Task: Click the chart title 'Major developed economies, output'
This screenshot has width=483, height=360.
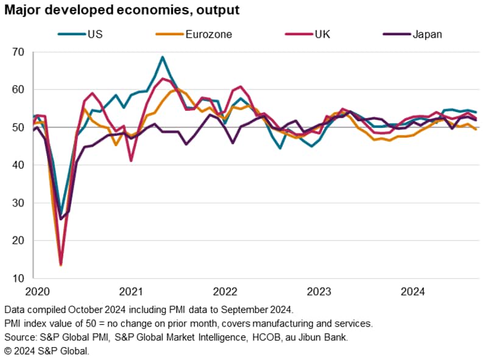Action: (x=120, y=10)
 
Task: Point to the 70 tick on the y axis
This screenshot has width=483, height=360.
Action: (x=18, y=52)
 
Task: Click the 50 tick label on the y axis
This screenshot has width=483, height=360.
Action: (x=18, y=127)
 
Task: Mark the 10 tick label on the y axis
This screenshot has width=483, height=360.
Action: (x=18, y=278)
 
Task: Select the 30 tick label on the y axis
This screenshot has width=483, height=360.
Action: (x=18, y=203)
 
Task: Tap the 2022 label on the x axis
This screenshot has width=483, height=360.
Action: (x=224, y=291)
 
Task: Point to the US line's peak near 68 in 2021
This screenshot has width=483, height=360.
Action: (x=163, y=57)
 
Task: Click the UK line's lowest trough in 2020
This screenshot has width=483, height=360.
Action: (x=60, y=264)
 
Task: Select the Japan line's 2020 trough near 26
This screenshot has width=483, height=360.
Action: (x=60, y=219)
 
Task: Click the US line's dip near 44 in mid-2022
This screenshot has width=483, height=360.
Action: (x=280, y=148)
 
